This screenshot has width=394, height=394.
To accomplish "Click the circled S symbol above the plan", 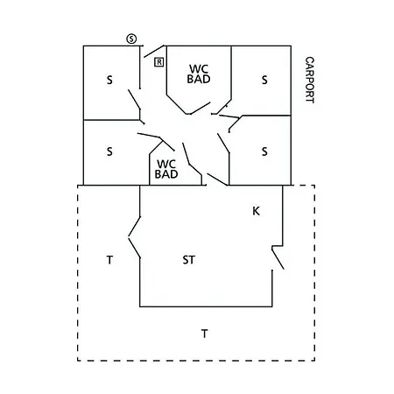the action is [131, 39].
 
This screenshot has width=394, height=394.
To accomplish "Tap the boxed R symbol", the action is [159, 62].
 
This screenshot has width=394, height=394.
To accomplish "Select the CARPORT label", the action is [309, 80].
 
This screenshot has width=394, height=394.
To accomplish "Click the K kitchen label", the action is [256, 211].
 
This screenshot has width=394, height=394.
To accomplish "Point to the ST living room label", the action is [189, 260].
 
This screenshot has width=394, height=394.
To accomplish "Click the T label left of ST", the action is [109, 260].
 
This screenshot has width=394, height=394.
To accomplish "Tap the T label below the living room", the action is [205, 334].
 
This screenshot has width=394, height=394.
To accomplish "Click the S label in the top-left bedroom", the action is [109, 80].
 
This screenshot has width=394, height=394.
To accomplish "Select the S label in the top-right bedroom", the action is [264, 80].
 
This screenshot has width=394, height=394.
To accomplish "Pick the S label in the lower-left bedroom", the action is [109, 151].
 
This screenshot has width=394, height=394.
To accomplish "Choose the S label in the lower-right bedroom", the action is [264, 151].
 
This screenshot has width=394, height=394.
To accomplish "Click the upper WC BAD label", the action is [199, 74].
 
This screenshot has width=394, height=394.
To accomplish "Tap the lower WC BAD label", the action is [166, 169].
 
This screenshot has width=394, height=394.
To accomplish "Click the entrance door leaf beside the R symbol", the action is [154, 52].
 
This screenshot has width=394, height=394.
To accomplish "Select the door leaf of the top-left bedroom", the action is [134, 100].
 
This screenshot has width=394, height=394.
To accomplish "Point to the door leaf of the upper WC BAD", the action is [201, 108].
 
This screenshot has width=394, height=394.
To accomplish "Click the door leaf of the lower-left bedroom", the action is [149, 136].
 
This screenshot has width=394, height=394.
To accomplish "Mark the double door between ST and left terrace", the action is [134, 237].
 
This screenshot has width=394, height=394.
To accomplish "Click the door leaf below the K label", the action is [278, 258].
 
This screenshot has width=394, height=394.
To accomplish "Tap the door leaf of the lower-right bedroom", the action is [223, 143].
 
